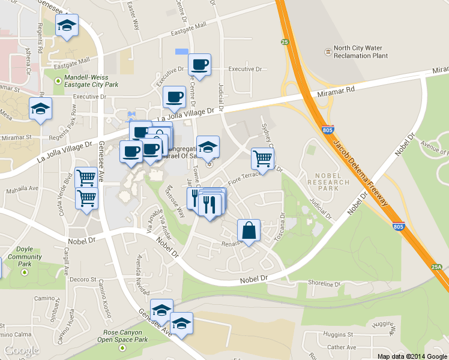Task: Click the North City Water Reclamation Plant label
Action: click(x=360, y=52)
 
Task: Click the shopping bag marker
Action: click(x=249, y=231)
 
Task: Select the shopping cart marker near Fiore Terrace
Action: click(x=262, y=159)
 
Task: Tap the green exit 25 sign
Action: click(x=285, y=42)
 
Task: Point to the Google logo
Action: click(x=21, y=350)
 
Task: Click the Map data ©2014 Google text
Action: click(x=412, y=356)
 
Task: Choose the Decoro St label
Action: click(x=83, y=280)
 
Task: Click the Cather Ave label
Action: click(x=342, y=347)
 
